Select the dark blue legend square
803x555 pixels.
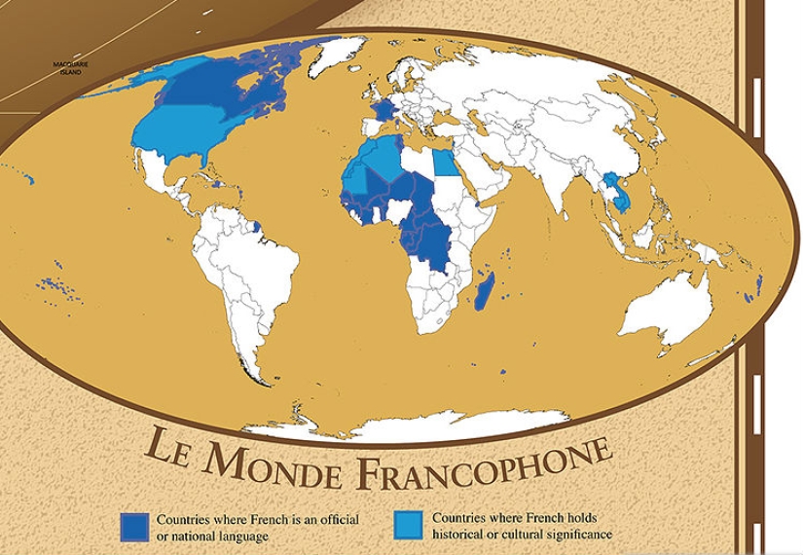tap(134, 526)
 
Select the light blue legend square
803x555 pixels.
tap(410, 525)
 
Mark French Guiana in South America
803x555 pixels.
tap(256, 229)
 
